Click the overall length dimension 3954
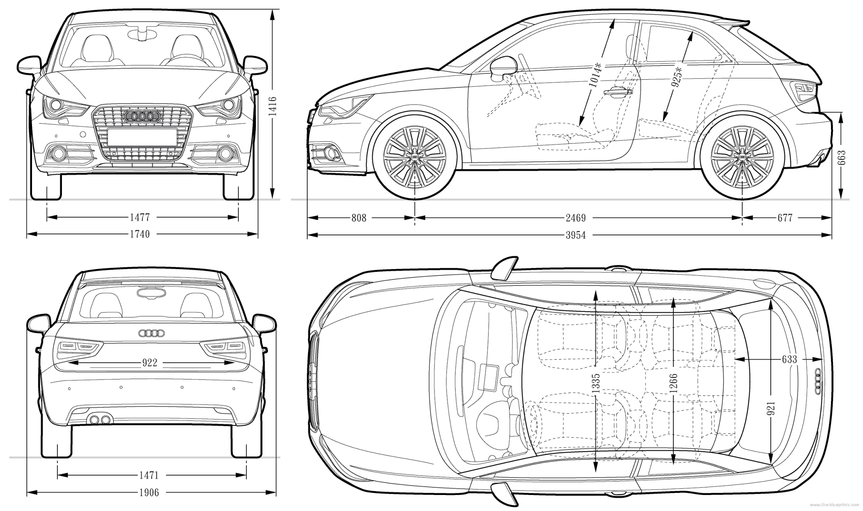576,235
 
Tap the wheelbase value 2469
576,218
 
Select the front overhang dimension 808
359,218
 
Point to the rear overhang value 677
785,218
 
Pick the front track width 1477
139,218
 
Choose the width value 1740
139,234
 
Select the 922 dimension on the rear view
150,363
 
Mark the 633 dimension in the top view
789,359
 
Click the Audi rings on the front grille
142,116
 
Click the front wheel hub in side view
415,156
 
